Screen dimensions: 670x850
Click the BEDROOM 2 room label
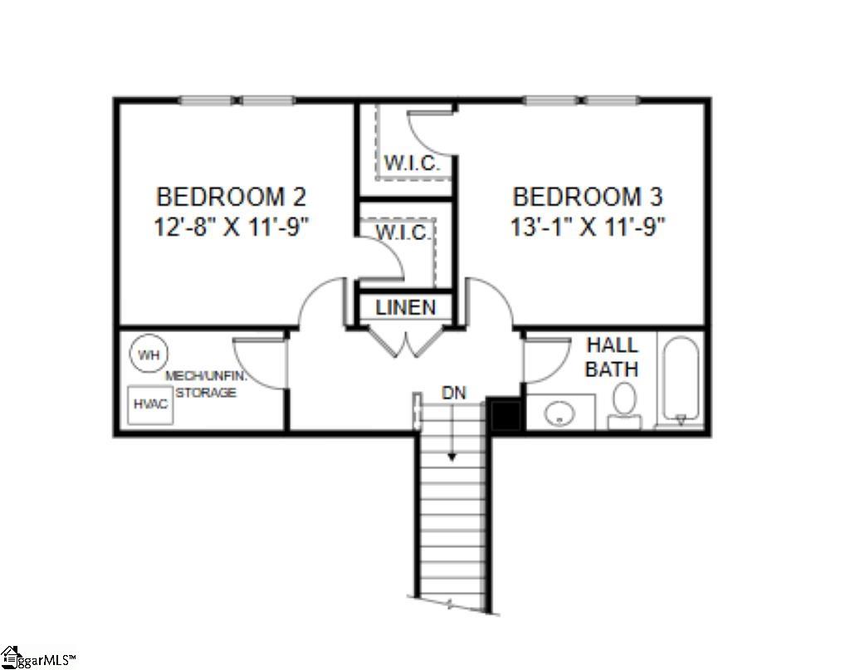pyautogui.click(x=231, y=198)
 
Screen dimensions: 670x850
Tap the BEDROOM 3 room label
pyautogui.click(x=588, y=198)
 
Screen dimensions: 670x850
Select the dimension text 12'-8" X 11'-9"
pyautogui.click(x=231, y=227)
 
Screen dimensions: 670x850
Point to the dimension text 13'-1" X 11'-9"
pyautogui.click(x=588, y=227)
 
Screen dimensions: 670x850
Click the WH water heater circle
pyautogui.click(x=148, y=355)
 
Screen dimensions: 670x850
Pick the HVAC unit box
pyautogui.click(x=150, y=405)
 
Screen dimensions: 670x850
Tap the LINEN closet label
pyautogui.click(x=406, y=307)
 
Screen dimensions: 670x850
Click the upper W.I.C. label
pyautogui.click(x=411, y=164)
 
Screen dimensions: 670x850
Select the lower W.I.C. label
pyautogui.click(x=403, y=233)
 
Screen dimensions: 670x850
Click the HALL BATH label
pyautogui.click(x=612, y=357)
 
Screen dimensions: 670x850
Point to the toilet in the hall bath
pyautogui.click(x=624, y=405)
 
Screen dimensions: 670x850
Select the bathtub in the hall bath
pyautogui.click(x=681, y=379)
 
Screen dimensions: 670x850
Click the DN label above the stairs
pyautogui.click(x=453, y=393)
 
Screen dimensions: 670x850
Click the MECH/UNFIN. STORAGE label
pyautogui.click(x=206, y=384)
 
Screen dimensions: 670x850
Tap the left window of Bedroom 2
pyautogui.click(x=206, y=101)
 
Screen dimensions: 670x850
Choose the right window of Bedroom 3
pyautogui.click(x=612, y=101)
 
